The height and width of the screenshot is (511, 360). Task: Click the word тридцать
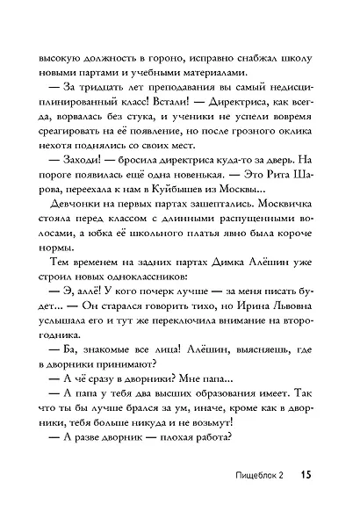click(86, 93)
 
